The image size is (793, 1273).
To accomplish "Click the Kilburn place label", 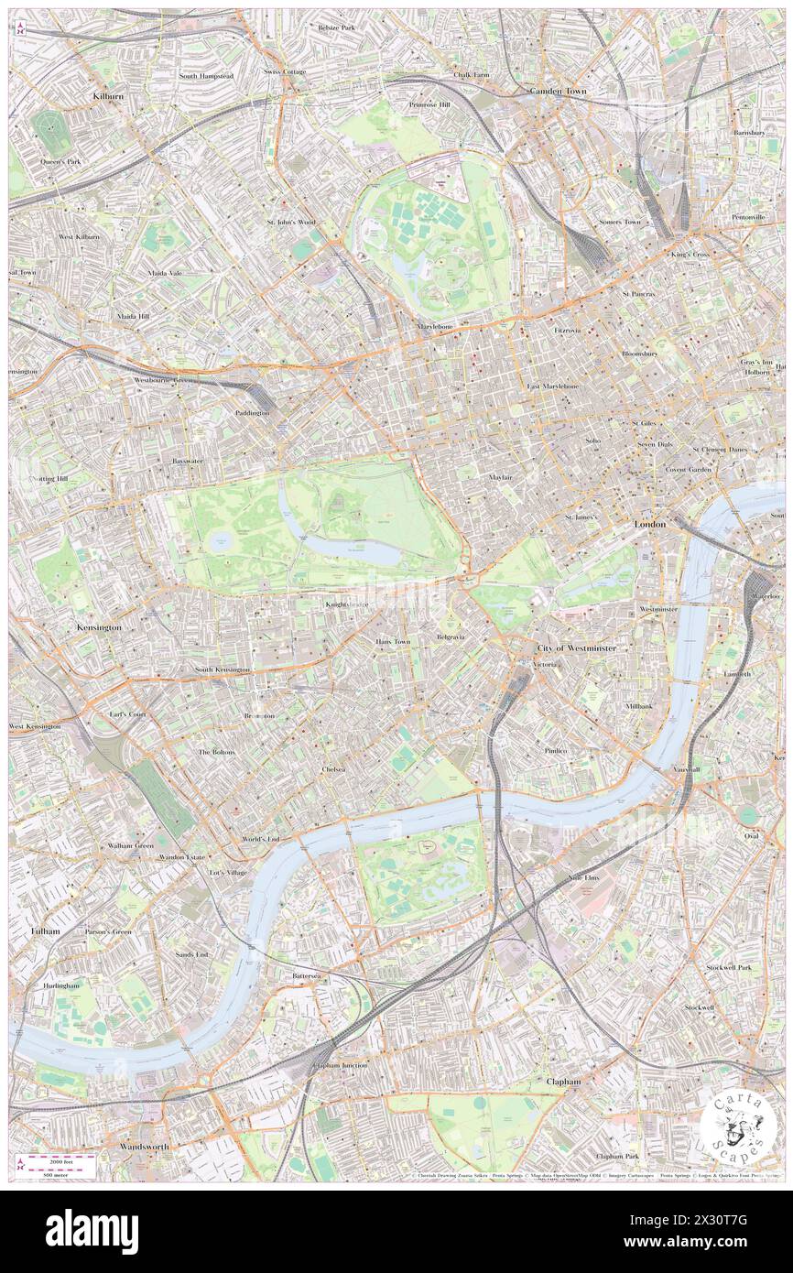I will click(x=108, y=95).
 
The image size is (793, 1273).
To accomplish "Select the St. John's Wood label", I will click(x=290, y=222).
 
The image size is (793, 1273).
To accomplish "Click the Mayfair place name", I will click(x=499, y=477).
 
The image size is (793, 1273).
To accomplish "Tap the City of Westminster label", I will click(x=577, y=648).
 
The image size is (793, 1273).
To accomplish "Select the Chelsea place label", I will click(x=333, y=770).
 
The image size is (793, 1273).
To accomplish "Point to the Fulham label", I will click(x=45, y=930).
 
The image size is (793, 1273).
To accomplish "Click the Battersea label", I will click(x=305, y=977).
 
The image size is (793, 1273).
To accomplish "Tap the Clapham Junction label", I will click(x=339, y=1066).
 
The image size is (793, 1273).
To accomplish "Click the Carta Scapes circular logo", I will click(x=733, y=1124).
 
